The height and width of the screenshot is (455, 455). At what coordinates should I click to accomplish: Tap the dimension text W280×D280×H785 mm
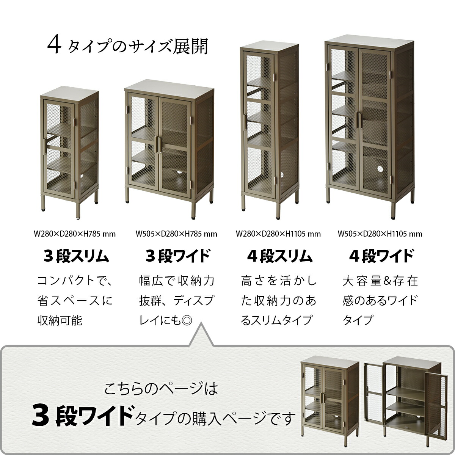(x=75, y=234)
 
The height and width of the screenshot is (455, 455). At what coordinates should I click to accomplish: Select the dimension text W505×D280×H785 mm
(x=176, y=234)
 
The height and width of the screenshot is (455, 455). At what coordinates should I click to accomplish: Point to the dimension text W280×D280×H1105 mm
(x=278, y=234)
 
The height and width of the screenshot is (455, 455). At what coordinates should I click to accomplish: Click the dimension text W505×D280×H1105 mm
(x=380, y=234)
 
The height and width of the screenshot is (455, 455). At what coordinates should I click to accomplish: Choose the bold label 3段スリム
(x=76, y=256)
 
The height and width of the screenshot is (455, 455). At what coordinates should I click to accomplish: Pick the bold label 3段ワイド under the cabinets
(x=177, y=256)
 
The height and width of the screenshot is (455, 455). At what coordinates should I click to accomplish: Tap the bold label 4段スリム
(x=280, y=256)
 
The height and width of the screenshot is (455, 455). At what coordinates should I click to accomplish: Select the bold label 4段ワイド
(x=381, y=256)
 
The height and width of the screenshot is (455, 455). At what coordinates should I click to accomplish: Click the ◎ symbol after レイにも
(x=187, y=321)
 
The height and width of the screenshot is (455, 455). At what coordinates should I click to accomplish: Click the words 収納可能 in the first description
(x=60, y=321)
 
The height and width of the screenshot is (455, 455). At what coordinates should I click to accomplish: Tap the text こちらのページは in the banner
(x=161, y=389)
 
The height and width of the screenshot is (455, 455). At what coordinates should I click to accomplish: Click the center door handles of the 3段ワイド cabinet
(x=158, y=144)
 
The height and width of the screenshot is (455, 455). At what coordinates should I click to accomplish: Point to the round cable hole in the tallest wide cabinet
(x=380, y=169)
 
